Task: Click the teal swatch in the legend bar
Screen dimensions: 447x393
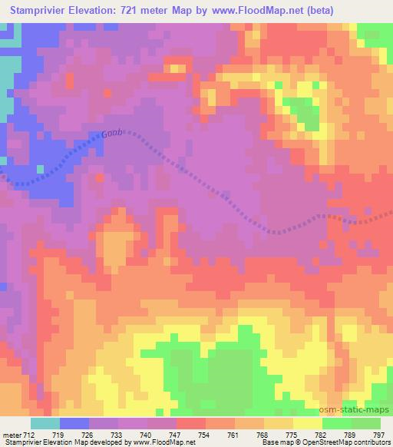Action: [x=46, y=423]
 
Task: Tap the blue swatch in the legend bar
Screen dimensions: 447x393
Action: [x=75, y=423]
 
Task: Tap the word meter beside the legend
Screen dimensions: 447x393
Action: [x=12, y=435]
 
